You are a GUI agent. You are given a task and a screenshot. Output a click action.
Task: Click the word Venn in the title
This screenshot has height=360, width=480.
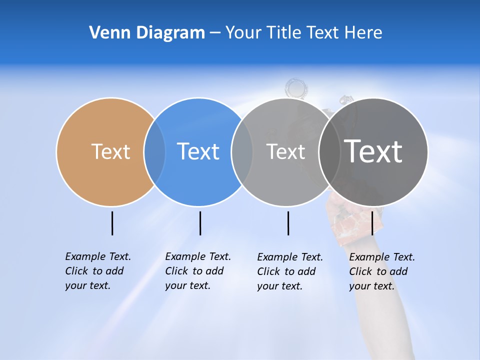[x=108, y=32]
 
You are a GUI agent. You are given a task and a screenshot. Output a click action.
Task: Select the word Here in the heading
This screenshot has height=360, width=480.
[x=363, y=32]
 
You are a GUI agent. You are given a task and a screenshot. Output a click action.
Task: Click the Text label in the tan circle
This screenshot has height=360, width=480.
[x=110, y=151]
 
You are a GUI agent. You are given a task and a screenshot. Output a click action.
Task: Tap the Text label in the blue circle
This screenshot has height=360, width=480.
[x=198, y=151]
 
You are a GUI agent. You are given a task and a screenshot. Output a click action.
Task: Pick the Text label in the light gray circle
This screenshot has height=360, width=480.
[x=285, y=151]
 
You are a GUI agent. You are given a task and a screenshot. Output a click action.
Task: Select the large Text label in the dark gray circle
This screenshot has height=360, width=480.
[x=373, y=151]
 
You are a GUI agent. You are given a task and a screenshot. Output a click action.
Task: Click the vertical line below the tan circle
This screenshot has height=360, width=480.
[x=112, y=223]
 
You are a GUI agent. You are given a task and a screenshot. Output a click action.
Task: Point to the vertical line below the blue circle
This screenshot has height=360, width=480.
[x=200, y=223]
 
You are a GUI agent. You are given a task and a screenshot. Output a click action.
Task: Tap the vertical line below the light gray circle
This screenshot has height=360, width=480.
[x=288, y=223]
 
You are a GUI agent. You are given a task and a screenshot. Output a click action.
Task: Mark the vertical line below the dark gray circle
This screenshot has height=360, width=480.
[x=372, y=223]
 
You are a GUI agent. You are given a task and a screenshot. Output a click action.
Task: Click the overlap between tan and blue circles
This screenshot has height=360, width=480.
[x=154, y=151]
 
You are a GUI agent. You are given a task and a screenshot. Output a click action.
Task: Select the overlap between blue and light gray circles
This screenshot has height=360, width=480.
[x=242, y=151]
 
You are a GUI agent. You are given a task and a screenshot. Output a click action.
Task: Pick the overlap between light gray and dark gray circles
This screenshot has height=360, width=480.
[x=329, y=151]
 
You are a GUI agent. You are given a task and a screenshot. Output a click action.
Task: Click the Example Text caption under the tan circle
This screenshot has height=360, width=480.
[x=98, y=271]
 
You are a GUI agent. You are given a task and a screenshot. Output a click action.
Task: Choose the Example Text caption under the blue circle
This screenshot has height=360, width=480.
[x=198, y=271]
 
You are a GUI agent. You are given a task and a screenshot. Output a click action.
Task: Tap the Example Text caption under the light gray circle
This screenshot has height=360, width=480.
[x=290, y=271]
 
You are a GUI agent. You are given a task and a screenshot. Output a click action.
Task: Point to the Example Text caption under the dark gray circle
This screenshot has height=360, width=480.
[x=382, y=271]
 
